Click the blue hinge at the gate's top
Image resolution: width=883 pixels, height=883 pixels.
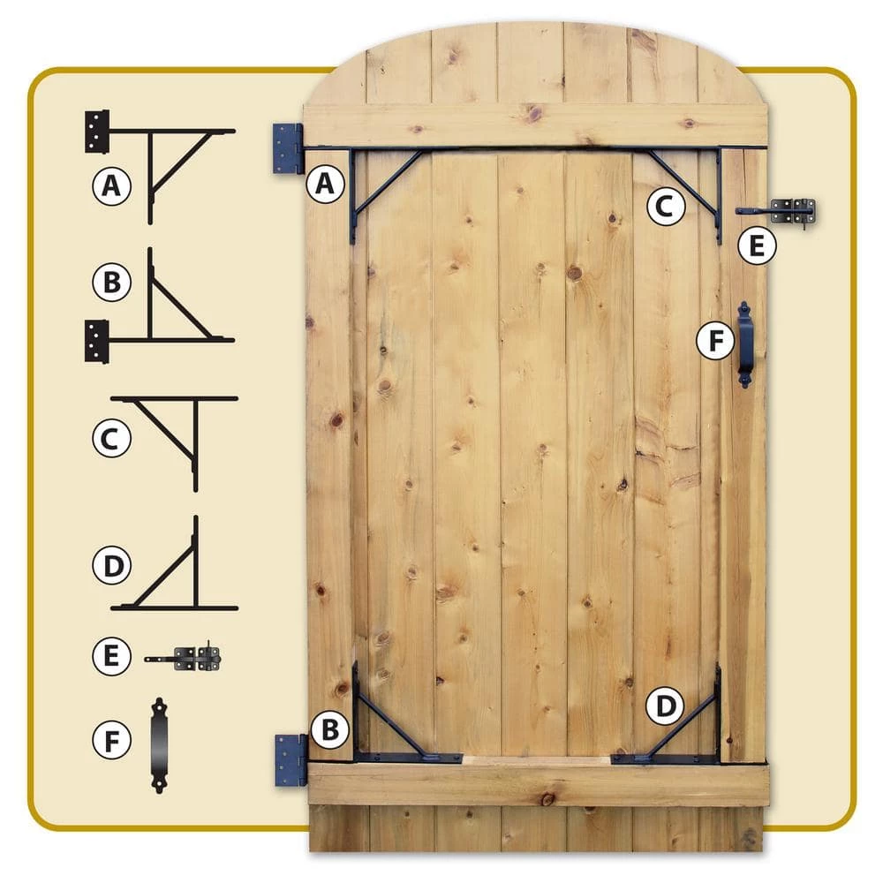click(288, 148)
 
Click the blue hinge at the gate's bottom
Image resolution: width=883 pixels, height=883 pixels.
click(291, 760)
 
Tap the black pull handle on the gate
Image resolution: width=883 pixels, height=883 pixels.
click(745, 344)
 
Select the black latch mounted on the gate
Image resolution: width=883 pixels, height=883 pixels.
click(777, 212)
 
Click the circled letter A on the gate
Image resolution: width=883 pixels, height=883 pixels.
click(325, 185)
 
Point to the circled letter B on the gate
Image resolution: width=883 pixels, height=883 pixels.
click(330, 730)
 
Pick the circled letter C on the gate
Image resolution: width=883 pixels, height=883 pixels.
click(666, 207)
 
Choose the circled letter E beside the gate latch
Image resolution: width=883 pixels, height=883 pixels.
click(757, 246)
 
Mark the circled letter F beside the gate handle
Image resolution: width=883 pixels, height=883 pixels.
click(715, 341)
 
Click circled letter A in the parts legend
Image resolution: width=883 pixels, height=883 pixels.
click(112, 185)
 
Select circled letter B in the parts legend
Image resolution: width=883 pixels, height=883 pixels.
click(112, 282)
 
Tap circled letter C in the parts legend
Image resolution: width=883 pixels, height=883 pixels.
click(112, 438)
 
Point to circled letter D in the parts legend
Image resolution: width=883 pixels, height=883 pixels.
click(112, 565)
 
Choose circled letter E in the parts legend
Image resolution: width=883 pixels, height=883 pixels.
click(112, 656)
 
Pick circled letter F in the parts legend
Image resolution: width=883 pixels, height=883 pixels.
click(112, 740)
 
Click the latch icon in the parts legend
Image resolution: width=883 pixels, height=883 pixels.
click(183, 658)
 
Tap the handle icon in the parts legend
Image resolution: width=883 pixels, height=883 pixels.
click(159, 745)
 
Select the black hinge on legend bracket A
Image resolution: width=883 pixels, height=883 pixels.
click(97, 132)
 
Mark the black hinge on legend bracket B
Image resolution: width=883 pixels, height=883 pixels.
click(96, 341)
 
